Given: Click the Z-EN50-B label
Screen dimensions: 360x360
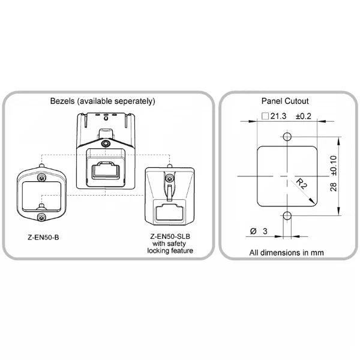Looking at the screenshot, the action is (x=43, y=237).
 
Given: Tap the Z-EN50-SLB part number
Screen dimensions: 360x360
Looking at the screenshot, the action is (x=170, y=236).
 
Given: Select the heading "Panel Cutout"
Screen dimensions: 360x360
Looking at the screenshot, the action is (x=285, y=101).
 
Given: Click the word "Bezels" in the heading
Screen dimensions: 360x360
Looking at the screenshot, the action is (x=62, y=101).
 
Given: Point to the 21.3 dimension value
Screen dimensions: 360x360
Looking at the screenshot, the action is (x=278, y=116).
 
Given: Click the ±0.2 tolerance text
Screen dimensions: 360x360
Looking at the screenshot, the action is (x=303, y=116).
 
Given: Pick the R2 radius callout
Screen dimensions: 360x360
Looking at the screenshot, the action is (x=301, y=184).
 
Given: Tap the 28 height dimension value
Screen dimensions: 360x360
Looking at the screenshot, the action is (x=334, y=187).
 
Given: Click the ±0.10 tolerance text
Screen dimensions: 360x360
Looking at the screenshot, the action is (x=334, y=166).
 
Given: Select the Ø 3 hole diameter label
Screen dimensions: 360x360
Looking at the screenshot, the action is (x=259, y=231).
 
